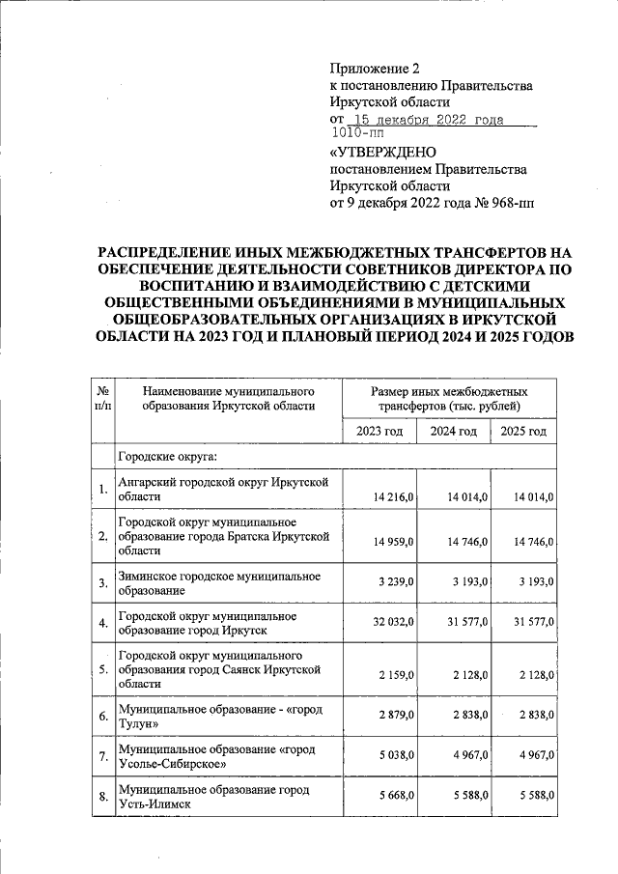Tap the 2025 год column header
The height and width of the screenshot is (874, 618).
pos(523,430)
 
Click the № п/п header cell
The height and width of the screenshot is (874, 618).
pos(102,399)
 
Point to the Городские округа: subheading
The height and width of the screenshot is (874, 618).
pos(167,455)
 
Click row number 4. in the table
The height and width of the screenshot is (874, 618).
pos(102,623)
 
